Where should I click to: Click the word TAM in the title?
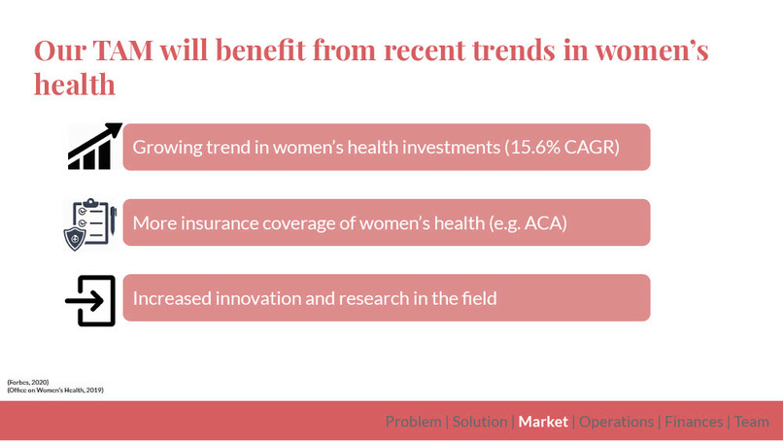pyautogui.click(x=122, y=51)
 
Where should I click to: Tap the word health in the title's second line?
pyautogui.click(x=75, y=84)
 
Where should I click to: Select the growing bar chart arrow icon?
pyautogui.click(x=95, y=147)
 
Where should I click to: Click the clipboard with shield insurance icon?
pyautogui.click(x=90, y=224)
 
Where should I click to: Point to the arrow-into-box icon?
pyautogui.click(x=90, y=301)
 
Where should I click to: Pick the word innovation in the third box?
pyautogui.click(x=258, y=298)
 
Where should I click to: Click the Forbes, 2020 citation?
pyautogui.click(x=28, y=382)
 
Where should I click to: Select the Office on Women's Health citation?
pyautogui.click(x=55, y=390)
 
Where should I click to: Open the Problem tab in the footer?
pyautogui.click(x=414, y=422)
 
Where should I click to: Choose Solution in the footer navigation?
pyautogui.click(x=480, y=422)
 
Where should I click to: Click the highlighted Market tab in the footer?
pyautogui.click(x=543, y=422)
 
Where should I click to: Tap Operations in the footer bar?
pyautogui.click(x=616, y=422)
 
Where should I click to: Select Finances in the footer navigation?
pyautogui.click(x=694, y=422)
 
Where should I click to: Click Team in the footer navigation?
pyautogui.click(x=752, y=422)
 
